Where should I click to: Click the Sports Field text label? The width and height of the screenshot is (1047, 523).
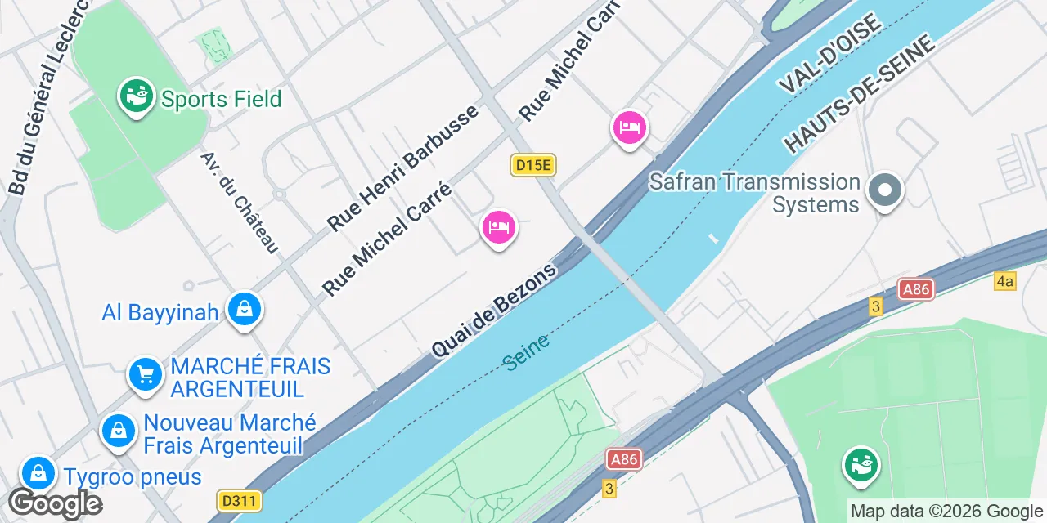[221, 100]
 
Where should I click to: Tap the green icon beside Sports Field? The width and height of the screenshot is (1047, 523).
[137, 96]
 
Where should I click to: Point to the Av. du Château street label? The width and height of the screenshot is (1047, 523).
[240, 201]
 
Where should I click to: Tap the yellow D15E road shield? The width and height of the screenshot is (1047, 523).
[533, 165]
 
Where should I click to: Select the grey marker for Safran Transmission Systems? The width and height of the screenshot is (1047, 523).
[884, 191]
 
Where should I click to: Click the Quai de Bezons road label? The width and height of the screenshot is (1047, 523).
[495, 310]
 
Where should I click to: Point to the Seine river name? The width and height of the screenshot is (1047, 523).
[526, 352]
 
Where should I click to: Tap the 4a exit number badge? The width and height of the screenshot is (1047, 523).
[1004, 282]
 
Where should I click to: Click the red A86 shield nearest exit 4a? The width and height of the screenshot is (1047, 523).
[916, 289]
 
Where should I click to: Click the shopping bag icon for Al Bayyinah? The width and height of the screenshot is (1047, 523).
[244, 310]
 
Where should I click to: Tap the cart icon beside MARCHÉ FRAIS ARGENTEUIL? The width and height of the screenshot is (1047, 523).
[146, 375]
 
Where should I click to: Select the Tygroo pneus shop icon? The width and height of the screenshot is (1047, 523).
[38, 473]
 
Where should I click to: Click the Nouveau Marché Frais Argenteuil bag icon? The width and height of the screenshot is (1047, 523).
[119, 431]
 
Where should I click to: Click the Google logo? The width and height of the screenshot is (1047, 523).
[55, 503]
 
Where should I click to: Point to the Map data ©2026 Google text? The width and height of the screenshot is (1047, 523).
[946, 512]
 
